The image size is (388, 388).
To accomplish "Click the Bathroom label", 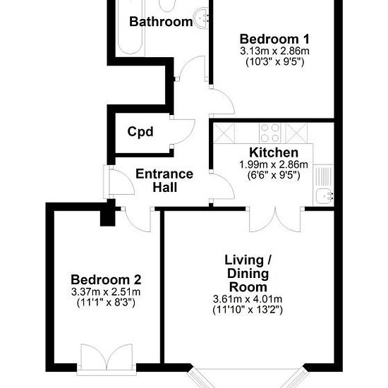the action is click(161, 22).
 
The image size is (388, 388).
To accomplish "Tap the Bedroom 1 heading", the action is click(274, 40).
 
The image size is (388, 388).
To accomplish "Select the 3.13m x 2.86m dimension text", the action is click(274, 51).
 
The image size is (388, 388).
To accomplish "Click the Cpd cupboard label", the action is click(140, 132).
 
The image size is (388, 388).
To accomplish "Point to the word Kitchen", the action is click(274, 152).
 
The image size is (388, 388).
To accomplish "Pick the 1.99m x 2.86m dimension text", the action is click(274, 164).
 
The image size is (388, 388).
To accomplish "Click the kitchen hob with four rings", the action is click(270, 133).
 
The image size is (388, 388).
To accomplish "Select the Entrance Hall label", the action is click(164, 180).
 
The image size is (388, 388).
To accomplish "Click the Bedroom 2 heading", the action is click(106, 280).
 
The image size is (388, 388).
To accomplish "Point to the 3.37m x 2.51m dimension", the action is click(106, 292).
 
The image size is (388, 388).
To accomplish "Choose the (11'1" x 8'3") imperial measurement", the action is click(106, 303).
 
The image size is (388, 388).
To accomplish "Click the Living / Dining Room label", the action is click(248, 274).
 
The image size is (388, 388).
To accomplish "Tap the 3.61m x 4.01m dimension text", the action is click(248, 299).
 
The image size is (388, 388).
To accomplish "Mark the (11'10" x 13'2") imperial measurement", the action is click(248, 310).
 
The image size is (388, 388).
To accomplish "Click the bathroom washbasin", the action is click(202, 18).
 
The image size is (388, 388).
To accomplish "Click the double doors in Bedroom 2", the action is click(107, 356).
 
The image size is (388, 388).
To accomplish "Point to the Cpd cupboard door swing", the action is click(183, 132).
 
